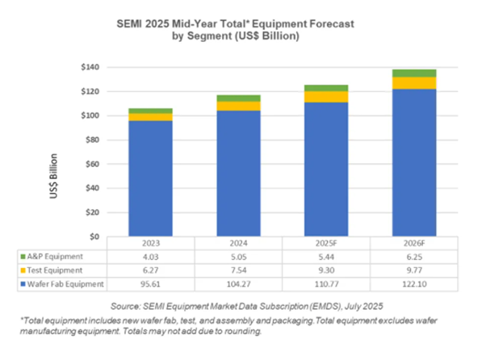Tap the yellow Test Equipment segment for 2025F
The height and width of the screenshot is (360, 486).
[325, 97]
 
